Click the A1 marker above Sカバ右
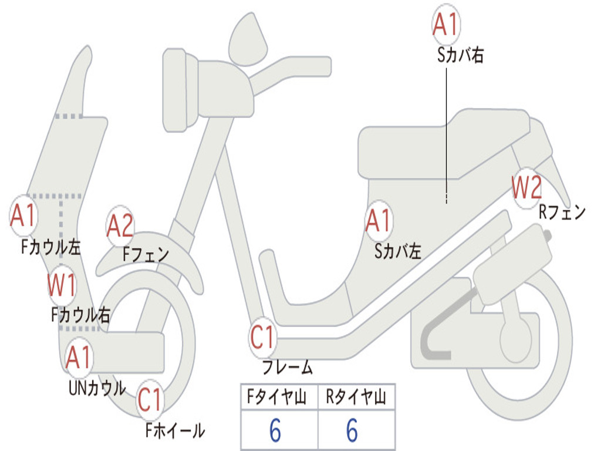pos(445,24)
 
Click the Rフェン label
pos(562,213)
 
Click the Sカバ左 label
pos(398,252)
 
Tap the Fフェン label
pos(146,254)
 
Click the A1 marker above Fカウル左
pos(23,216)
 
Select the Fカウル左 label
pos(51,246)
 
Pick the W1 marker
pos(62,285)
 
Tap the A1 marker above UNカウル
pos(78,357)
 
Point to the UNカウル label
pos(97,388)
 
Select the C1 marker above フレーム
pos(262,338)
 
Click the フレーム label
pos(287,368)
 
